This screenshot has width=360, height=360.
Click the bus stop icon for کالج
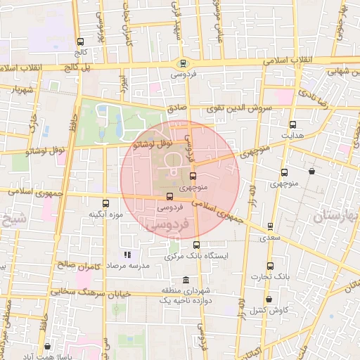[x=80, y=42]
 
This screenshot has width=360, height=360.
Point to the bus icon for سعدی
[x=271, y=226]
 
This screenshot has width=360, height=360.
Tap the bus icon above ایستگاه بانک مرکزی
[x=195, y=246]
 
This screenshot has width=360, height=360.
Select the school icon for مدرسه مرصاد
[x=127, y=255]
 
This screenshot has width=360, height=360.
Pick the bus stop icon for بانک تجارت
[x=271, y=266]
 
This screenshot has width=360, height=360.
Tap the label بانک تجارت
[x=271, y=277]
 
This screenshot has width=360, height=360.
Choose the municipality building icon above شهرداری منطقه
[x=186, y=281]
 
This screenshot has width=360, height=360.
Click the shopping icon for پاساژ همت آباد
[x=47, y=347]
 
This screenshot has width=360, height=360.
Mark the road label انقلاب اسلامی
[x=290, y=62]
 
